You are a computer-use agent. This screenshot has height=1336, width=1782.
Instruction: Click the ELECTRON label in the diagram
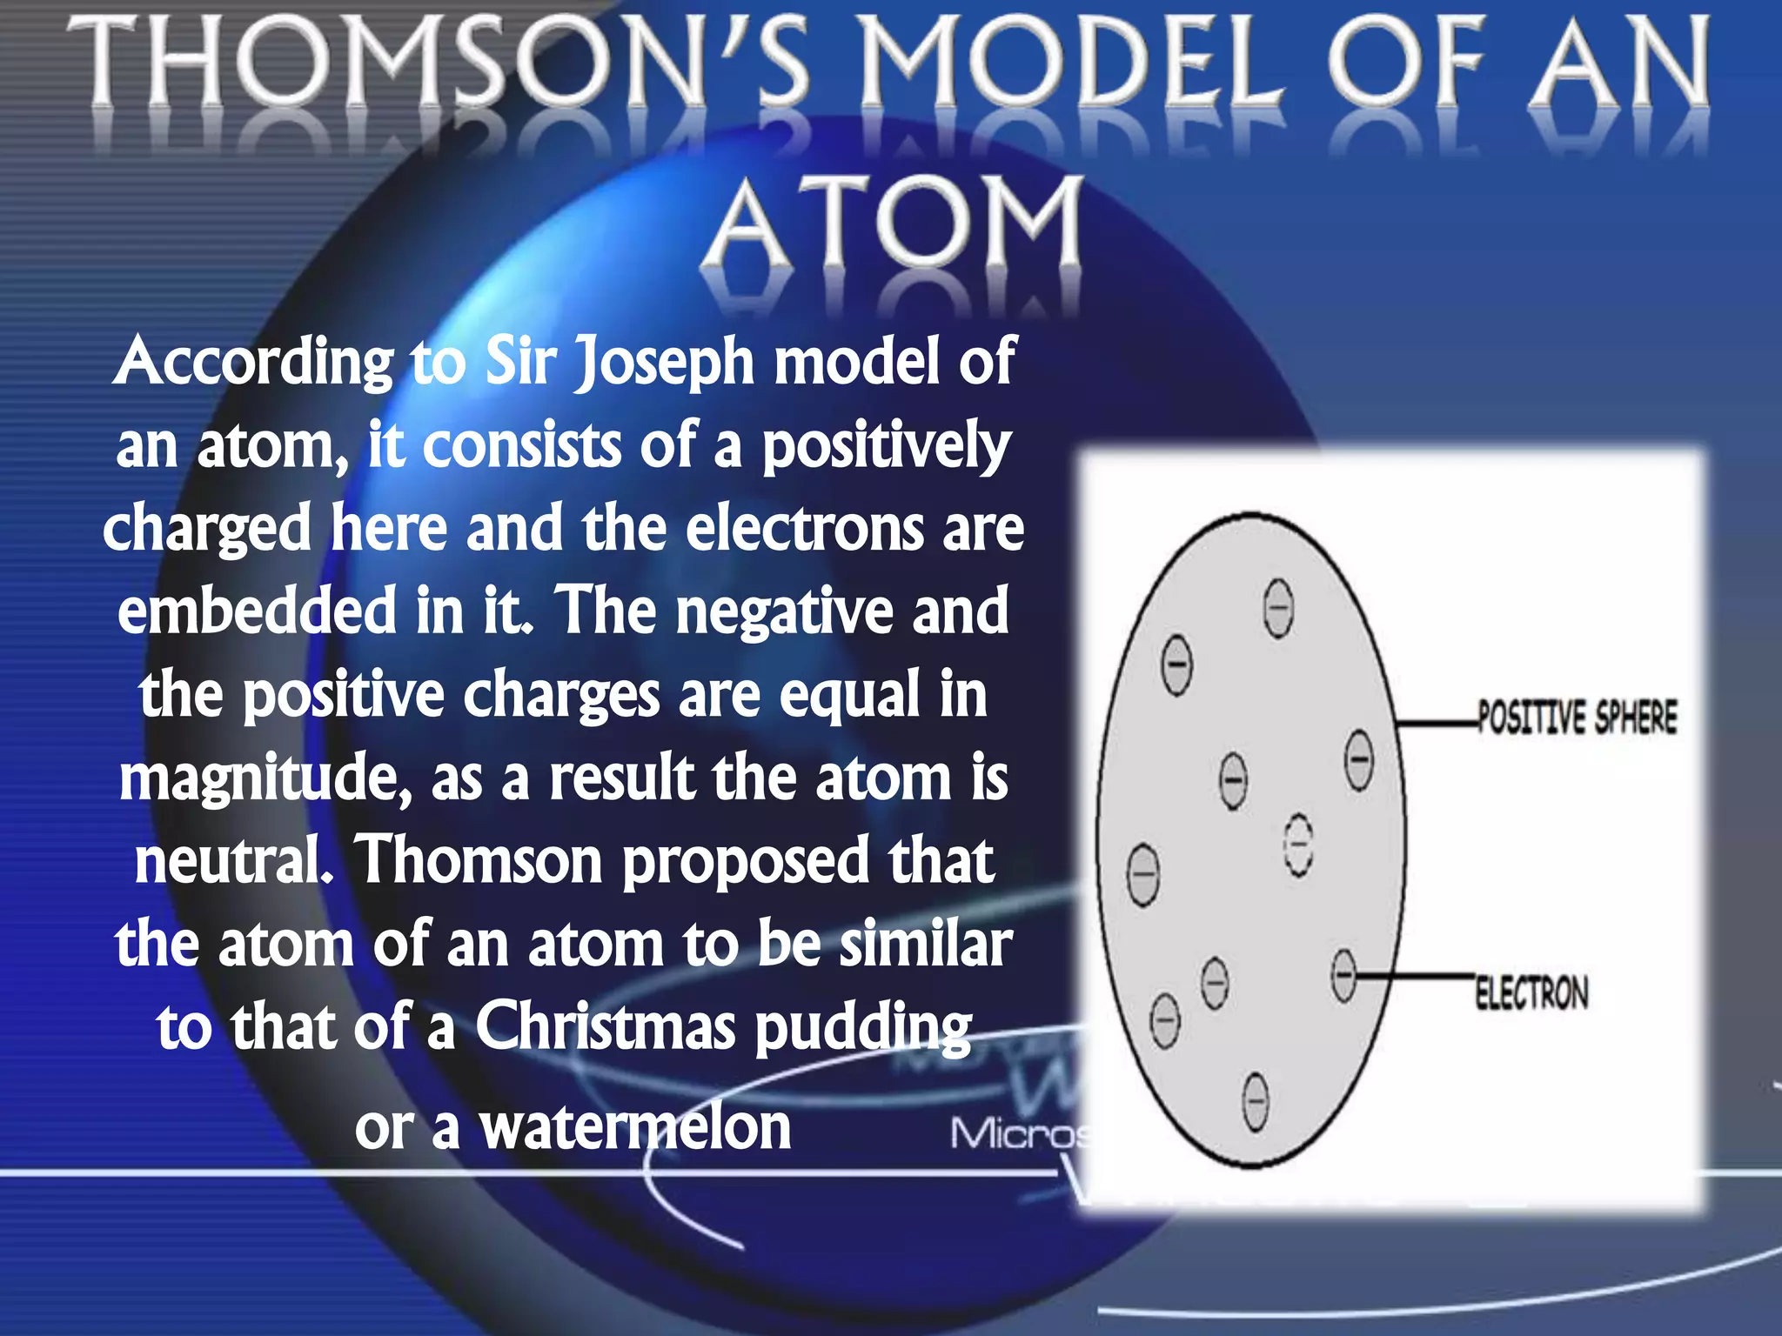pyautogui.click(x=1531, y=992)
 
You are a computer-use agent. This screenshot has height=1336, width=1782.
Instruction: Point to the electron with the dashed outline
pyautogui.click(x=1298, y=845)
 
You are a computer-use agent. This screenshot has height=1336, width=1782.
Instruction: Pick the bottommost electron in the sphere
pyautogui.click(x=1255, y=1102)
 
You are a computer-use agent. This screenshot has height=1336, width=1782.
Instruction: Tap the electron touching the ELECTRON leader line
pyautogui.click(x=1344, y=975)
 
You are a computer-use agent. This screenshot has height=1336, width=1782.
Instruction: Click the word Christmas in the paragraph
pyautogui.click(x=606, y=1027)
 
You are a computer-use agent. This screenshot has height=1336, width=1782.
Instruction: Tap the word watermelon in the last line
pyautogui.click(x=636, y=1127)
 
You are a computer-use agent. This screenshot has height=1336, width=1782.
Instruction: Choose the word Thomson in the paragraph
pyautogui.click(x=479, y=860)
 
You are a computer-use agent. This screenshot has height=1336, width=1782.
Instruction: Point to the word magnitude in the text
pyautogui.click(x=261, y=778)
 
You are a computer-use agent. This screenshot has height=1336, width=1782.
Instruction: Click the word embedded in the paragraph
pyautogui.click(x=257, y=611)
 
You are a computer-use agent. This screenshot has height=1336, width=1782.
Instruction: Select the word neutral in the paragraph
pyautogui.click(x=231, y=860)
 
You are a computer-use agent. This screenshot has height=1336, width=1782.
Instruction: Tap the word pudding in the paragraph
pyautogui.click(x=862, y=1029)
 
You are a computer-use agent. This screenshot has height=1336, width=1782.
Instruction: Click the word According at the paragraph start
pyautogui.click(x=253, y=361)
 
